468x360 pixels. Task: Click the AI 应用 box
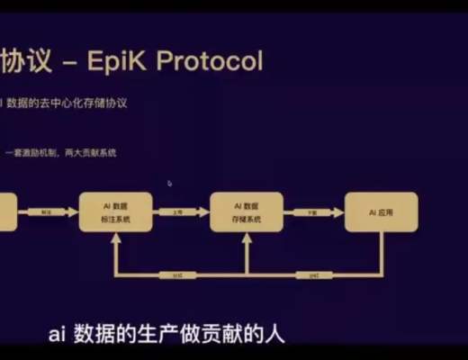click(x=381, y=211)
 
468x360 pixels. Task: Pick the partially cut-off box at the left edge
click(x=8, y=211)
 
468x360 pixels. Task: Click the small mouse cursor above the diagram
click(x=169, y=183)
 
